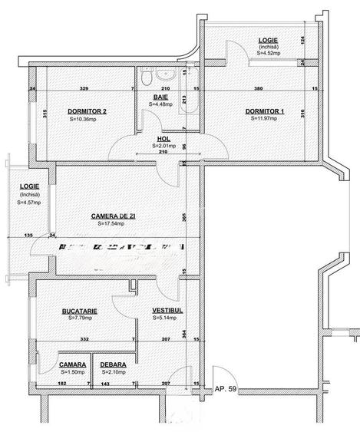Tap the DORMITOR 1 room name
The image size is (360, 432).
[x=265, y=111]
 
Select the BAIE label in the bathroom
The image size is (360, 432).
[x=160, y=97]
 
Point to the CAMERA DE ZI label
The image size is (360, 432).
[x=113, y=216]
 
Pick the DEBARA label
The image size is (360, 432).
[x=113, y=365]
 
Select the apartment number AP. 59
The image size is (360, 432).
[x=227, y=389]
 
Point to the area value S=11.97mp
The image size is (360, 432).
[x=265, y=119]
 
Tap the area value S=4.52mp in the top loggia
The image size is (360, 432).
[x=268, y=54]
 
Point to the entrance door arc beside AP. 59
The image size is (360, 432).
[x=184, y=376]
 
